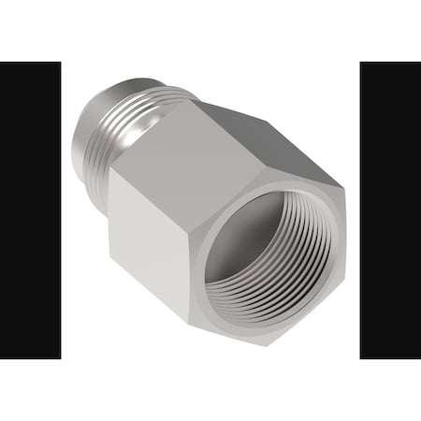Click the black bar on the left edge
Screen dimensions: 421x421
coord(30,210)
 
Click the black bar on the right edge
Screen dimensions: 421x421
coord(390,210)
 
